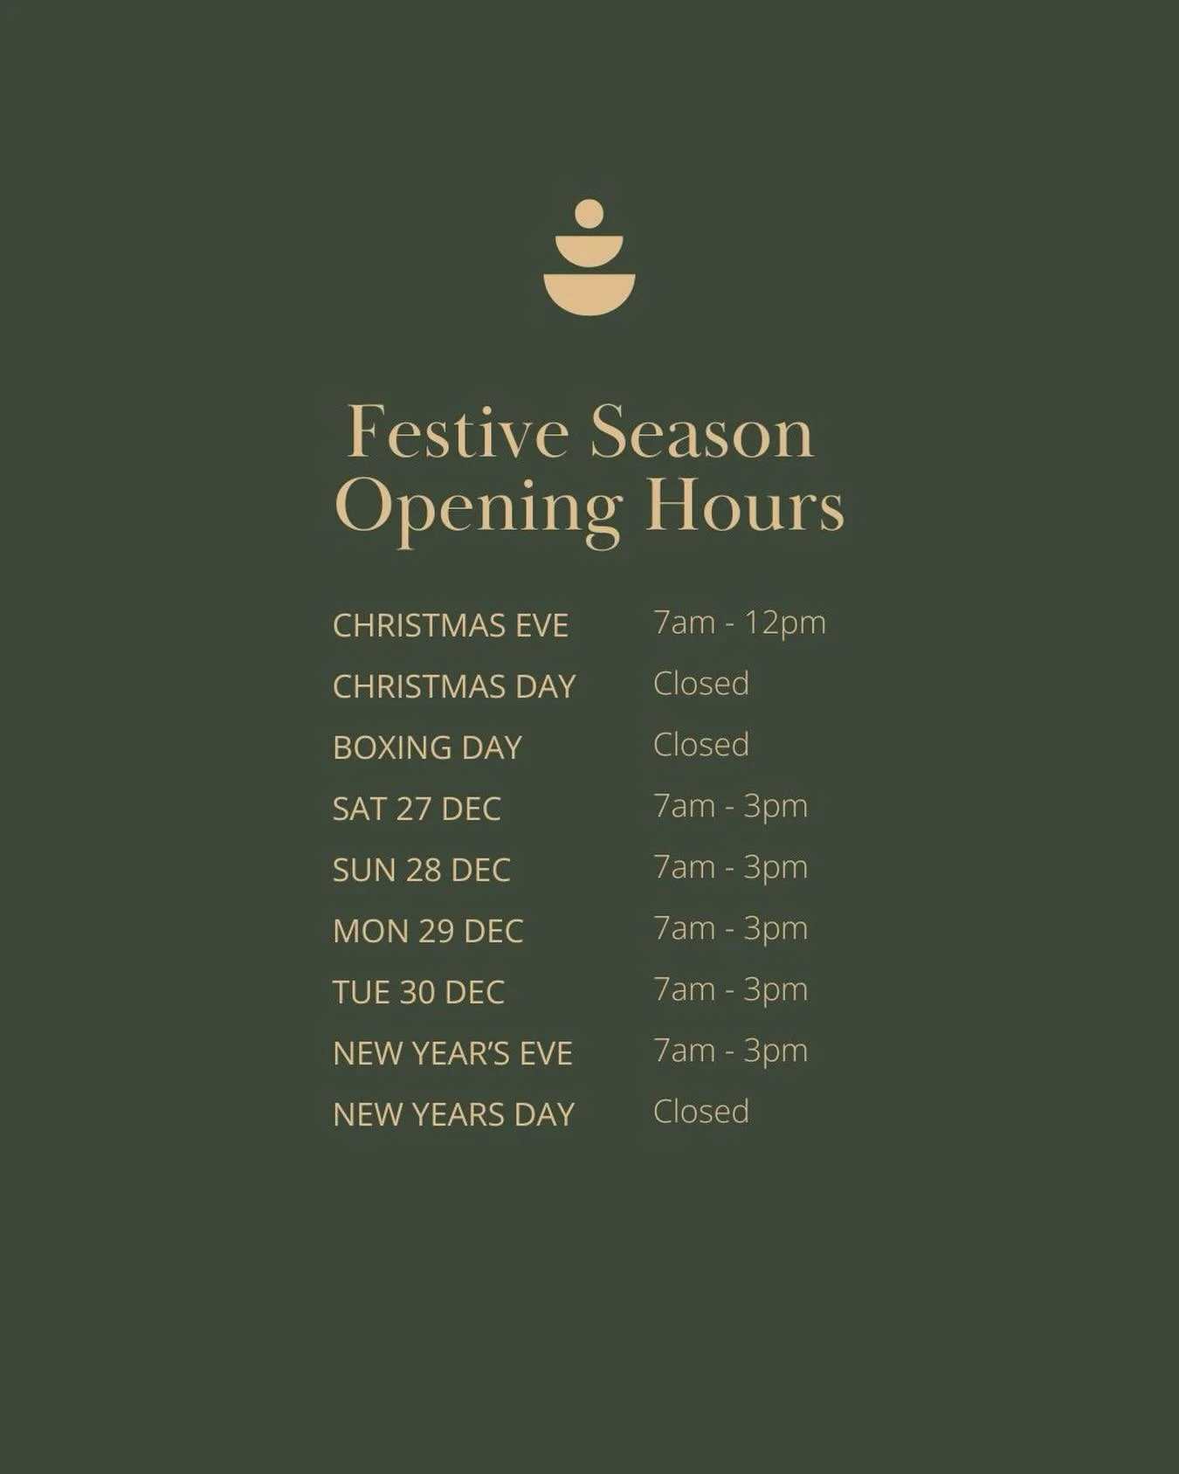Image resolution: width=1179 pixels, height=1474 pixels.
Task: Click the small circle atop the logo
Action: pyautogui.click(x=589, y=214)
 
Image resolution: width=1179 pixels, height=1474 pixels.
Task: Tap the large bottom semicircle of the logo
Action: pyautogui.click(x=589, y=292)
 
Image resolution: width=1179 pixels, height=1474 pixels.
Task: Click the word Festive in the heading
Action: pyautogui.click(x=458, y=432)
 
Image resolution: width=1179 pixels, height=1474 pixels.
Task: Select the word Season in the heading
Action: pyautogui.click(x=701, y=432)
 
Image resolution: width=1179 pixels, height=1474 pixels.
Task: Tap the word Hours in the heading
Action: pyautogui.click(x=744, y=506)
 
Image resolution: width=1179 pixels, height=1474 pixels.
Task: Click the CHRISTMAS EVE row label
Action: pyautogui.click(x=451, y=626)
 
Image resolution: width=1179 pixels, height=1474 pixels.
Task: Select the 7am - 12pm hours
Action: pyautogui.click(x=739, y=623)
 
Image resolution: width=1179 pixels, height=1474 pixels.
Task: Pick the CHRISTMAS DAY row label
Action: pyautogui.click(x=454, y=687)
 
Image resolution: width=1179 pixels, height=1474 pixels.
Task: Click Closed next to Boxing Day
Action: pyautogui.click(x=700, y=745)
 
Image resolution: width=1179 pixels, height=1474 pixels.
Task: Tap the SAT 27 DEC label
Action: pyautogui.click(x=417, y=809)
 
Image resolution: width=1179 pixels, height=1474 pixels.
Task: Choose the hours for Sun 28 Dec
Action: pyautogui.click(x=730, y=868)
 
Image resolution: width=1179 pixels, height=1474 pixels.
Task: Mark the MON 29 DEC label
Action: pyautogui.click(x=428, y=932)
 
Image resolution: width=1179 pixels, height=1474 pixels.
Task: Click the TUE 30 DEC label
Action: pyautogui.click(x=418, y=993)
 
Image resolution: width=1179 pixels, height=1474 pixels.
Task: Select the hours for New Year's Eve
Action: pyautogui.click(x=730, y=1051)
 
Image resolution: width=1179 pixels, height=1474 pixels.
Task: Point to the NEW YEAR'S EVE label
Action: pyautogui.click(x=452, y=1054)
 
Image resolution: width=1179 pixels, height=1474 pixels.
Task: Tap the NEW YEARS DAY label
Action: pyautogui.click(x=453, y=1115)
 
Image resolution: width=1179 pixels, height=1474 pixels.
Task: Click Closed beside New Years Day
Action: pyautogui.click(x=700, y=1112)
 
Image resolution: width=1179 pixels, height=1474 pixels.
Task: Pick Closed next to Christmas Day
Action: pyautogui.click(x=700, y=684)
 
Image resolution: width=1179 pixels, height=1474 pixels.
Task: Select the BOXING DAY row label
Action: pyautogui.click(x=427, y=748)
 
